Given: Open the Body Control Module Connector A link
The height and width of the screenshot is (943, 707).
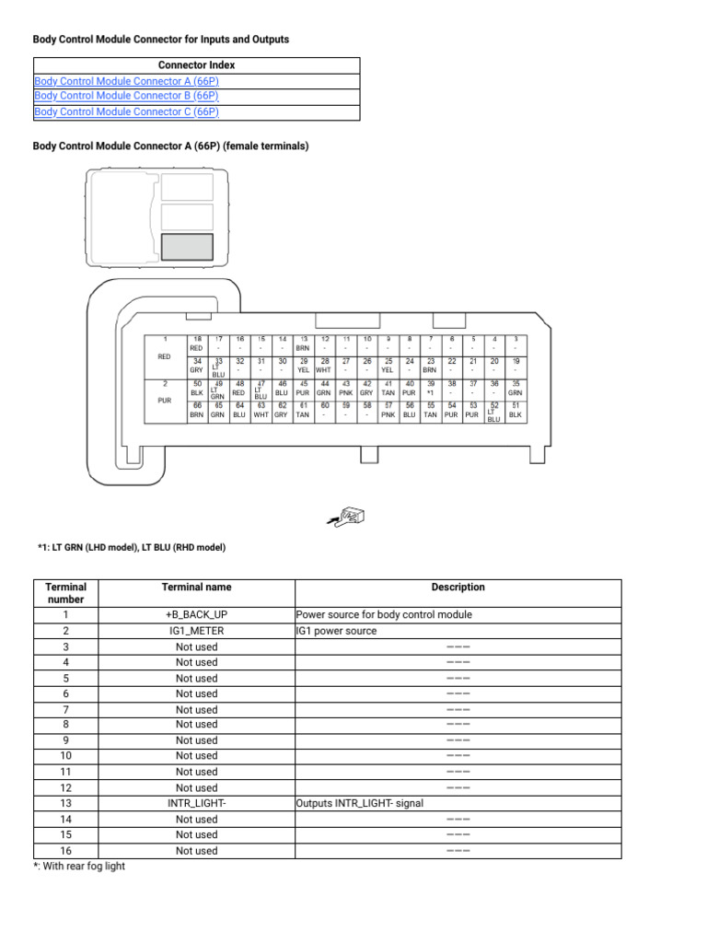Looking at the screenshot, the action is (x=126, y=81).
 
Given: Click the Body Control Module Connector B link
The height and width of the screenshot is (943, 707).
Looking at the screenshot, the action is (x=126, y=96).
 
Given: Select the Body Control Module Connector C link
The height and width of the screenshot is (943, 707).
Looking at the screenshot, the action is (x=126, y=112).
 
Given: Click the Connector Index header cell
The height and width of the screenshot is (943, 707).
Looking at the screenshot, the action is (x=196, y=65).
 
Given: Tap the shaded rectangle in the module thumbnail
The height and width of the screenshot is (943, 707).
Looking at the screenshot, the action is (x=187, y=247).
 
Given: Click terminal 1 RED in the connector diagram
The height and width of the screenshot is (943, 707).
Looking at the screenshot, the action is (x=166, y=348).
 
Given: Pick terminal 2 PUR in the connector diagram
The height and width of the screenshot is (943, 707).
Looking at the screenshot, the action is (x=166, y=392).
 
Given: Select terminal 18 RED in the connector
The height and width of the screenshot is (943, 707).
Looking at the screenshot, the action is (x=196, y=344).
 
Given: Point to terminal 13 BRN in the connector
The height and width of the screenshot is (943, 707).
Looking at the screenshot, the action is (x=303, y=344).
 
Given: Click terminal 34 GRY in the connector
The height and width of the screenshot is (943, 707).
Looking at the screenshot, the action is (x=196, y=366).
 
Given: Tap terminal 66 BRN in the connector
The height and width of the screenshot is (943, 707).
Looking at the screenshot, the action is (x=196, y=410).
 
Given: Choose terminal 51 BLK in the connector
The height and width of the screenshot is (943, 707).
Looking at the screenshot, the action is (x=516, y=410).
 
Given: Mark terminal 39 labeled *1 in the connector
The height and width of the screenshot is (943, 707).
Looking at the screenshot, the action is (x=430, y=388).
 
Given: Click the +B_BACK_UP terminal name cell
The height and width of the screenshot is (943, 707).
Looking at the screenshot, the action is (x=196, y=615).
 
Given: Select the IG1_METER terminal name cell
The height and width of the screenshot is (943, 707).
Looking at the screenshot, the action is (x=196, y=631).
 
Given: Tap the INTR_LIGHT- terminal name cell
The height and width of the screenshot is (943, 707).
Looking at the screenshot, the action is (x=196, y=803).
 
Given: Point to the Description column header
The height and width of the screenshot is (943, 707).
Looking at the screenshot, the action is (x=458, y=588).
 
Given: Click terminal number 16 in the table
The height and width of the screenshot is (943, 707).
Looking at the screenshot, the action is (x=65, y=851).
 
